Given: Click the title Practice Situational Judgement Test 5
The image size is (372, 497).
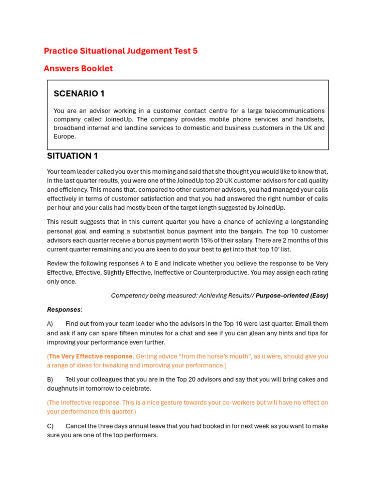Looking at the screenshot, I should [121, 51].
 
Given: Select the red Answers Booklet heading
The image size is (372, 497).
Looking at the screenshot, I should [78, 68].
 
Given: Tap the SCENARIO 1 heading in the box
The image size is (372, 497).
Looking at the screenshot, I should [79, 94].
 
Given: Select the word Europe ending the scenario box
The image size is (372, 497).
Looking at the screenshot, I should [64, 137].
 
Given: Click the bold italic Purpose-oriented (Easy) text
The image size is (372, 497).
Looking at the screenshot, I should [292, 296].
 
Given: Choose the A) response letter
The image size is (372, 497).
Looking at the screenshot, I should [50, 324].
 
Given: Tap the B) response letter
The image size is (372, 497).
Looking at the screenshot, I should [50, 380].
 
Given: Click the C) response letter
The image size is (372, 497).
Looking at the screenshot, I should [50, 426].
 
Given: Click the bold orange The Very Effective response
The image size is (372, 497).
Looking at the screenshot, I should [90, 356].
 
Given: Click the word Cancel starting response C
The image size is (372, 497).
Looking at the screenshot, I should [76, 426].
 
